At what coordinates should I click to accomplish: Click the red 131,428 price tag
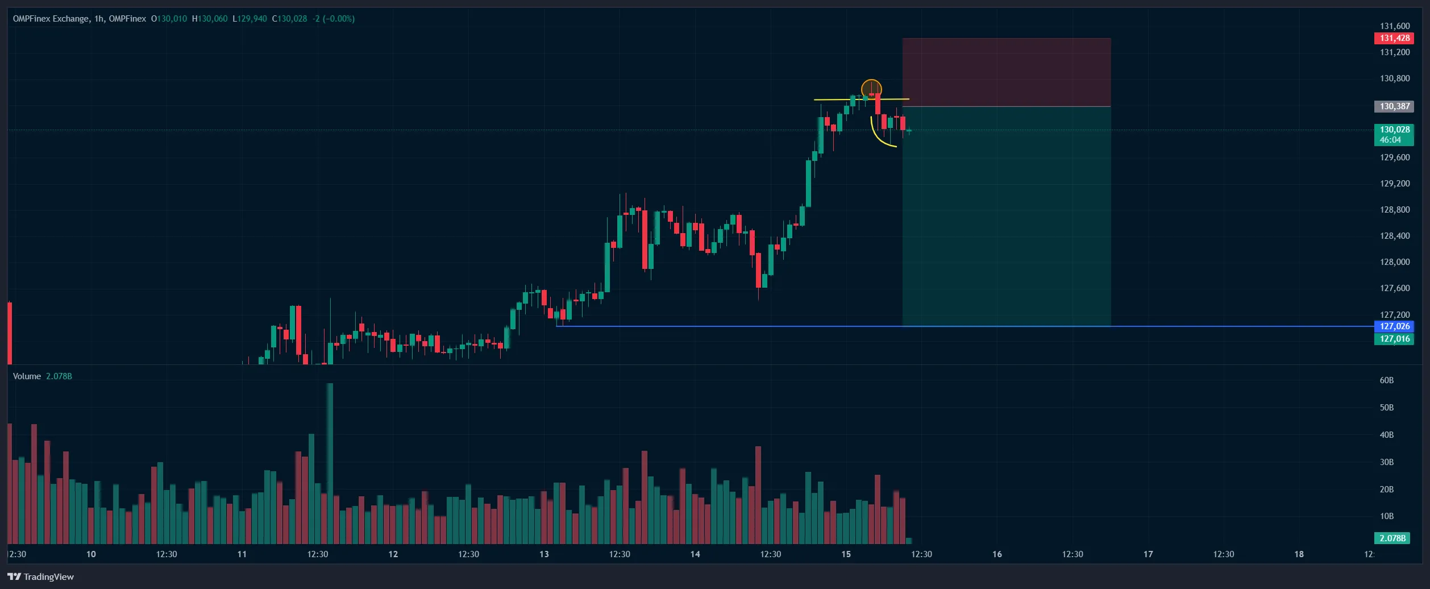pyautogui.click(x=1395, y=38)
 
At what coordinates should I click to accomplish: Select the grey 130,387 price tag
pyautogui.click(x=1395, y=106)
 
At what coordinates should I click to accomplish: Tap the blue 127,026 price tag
pyautogui.click(x=1395, y=326)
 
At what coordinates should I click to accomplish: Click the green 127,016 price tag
pyautogui.click(x=1395, y=339)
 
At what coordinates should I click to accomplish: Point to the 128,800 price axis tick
pyautogui.click(x=1395, y=210)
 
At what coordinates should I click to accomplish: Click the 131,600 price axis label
pyautogui.click(x=1395, y=26)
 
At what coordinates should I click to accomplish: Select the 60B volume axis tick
pyautogui.click(x=1386, y=380)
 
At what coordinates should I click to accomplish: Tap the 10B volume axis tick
pyautogui.click(x=1386, y=516)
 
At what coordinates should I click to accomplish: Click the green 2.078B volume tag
pyautogui.click(x=1392, y=538)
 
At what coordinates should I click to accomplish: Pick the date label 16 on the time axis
pyautogui.click(x=997, y=554)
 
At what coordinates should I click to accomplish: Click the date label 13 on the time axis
pyautogui.click(x=544, y=554)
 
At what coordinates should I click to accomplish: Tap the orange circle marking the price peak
pyautogui.click(x=871, y=89)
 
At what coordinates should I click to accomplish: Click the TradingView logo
pyautogui.click(x=41, y=576)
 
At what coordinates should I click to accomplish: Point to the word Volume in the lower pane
pyautogui.click(x=27, y=376)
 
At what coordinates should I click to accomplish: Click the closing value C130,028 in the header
pyautogui.click(x=289, y=19)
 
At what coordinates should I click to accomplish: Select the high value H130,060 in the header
pyautogui.click(x=210, y=19)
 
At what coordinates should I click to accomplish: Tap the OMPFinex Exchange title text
pyautogui.click(x=51, y=19)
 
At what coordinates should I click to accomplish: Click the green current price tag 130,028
pyautogui.click(x=1395, y=134)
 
